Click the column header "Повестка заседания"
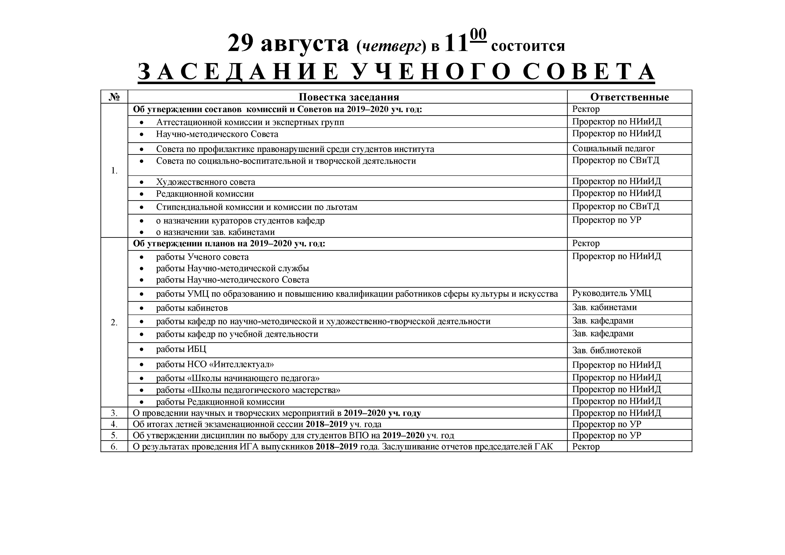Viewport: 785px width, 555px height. tap(349, 97)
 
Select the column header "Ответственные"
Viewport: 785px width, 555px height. tap(629, 97)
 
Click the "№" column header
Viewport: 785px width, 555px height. tap(114, 97)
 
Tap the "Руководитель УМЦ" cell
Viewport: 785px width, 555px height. tap(612, 293)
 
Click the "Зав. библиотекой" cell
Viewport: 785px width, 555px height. tap(606, 350)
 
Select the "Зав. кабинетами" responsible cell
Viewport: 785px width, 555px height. tap(604, 307)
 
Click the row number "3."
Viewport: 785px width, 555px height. tap(114, 413)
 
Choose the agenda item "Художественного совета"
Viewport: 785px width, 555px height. tap(205, 182)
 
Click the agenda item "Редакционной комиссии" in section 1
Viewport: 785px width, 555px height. tap(205, 194)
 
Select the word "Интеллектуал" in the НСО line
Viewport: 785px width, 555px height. tap(244, 364)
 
